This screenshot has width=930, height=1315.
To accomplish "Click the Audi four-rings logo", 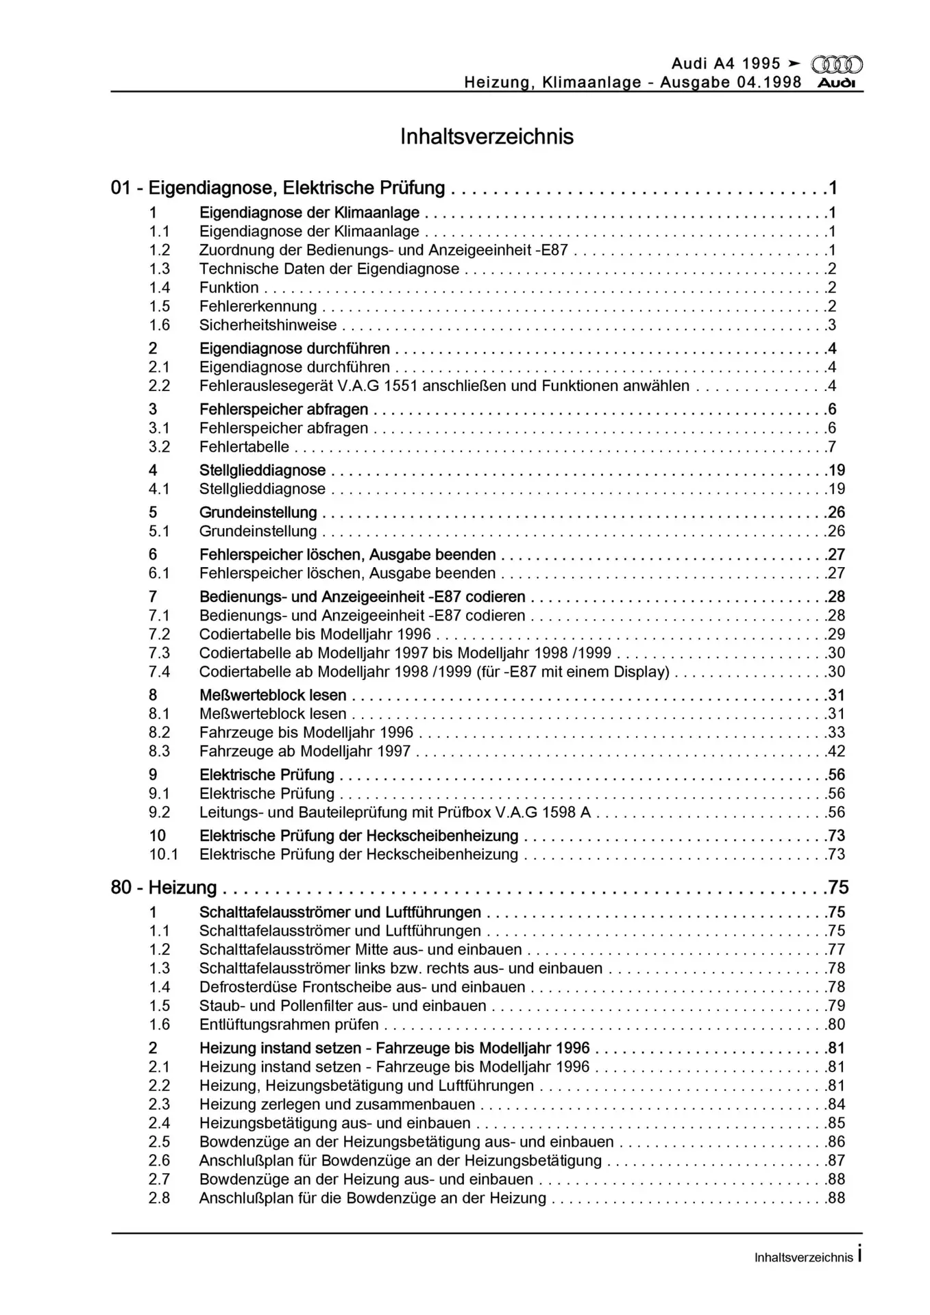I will pos(836,64).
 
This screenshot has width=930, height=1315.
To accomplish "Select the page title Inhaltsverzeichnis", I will pos(487,136).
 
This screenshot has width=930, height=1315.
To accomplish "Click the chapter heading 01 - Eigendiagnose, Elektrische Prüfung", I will pos(278,188).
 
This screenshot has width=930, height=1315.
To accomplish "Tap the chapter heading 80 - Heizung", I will pos(164,888).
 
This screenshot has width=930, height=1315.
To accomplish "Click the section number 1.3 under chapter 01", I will pos(159,269).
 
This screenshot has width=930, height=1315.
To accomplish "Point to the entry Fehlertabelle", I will pos(244,447).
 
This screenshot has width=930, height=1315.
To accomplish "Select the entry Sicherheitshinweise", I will pos(268,325).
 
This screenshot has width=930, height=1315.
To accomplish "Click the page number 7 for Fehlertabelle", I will pos(832,447).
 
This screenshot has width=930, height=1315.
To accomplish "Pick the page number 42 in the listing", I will pos(836,751).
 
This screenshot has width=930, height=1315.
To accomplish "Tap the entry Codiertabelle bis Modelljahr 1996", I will pos(315,634).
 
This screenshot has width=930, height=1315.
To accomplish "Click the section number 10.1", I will pos(163,855).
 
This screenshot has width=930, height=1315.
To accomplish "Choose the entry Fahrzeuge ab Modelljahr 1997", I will pos(305,751).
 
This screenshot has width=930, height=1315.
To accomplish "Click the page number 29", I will pos(836,634).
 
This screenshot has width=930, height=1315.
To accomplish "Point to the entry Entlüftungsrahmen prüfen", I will pos(289,1025).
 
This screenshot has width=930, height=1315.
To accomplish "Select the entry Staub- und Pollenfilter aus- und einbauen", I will pos(343,1006).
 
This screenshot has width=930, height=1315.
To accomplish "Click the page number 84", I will pos(836,1104).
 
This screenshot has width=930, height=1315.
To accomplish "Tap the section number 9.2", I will pos(159,812).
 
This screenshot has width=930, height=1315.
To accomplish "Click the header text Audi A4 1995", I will pos(726,64).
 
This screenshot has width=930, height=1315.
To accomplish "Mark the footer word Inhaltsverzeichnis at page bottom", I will pos(803,1257).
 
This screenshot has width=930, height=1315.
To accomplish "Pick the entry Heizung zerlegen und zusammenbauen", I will pos(337,1104).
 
